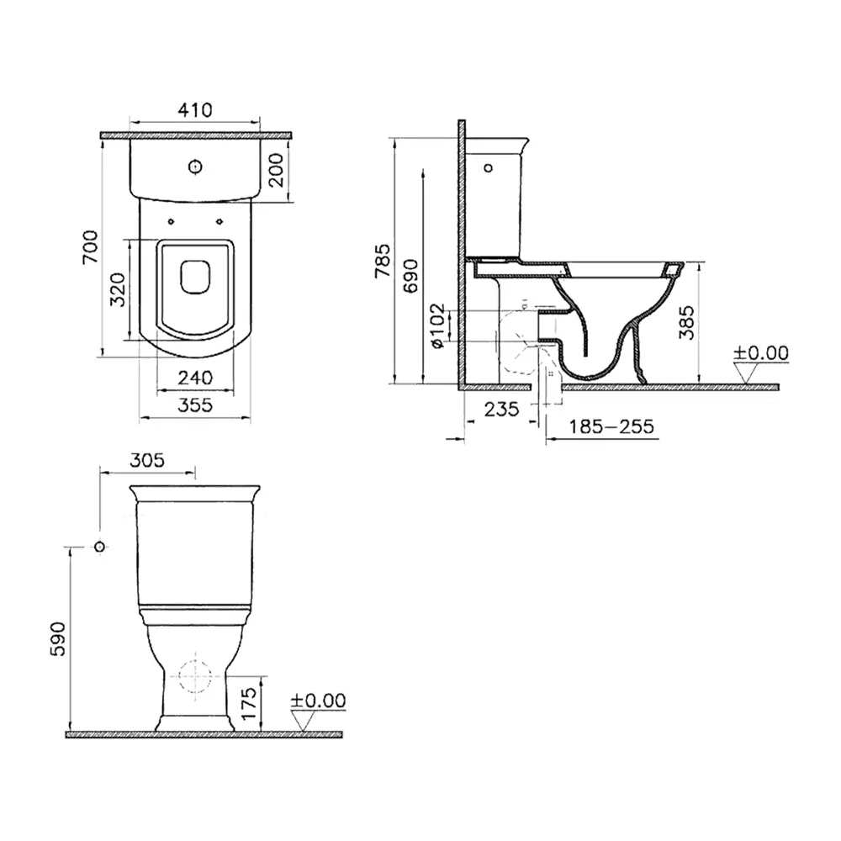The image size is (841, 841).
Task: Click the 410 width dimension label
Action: point(195,110)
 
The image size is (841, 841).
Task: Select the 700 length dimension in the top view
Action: point(91,246)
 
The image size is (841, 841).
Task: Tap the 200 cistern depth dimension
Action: point(276,170)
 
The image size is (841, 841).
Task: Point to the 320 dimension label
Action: point(118,289)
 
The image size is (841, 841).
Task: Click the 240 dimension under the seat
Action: point(195,378)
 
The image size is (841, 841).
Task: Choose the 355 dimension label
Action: point(195,405)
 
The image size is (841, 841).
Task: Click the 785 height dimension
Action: point(383,261)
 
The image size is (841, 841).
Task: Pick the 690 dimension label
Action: point(410,276)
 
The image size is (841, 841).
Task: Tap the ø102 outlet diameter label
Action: point(437,325)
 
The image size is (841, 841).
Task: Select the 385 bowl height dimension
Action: point(687,322)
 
